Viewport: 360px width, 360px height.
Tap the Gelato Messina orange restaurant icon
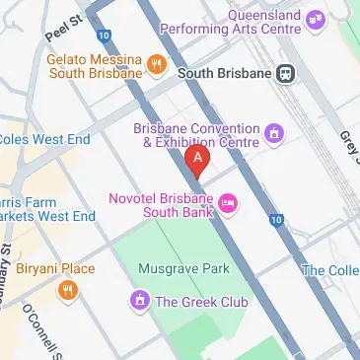(x=156, y=66)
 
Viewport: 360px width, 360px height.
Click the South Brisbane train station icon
(x=286, y=73)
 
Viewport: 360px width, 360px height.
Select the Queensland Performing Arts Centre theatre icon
(x=316, y=19)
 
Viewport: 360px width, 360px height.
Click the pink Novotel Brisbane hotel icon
(x=228, y=203)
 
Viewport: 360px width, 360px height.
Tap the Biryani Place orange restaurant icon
(x=67, y=289)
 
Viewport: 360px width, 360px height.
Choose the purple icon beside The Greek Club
(x=140, y=300)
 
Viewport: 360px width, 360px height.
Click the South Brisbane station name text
(x=223, y=73)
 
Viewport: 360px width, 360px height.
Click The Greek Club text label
(x=202, y=300)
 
